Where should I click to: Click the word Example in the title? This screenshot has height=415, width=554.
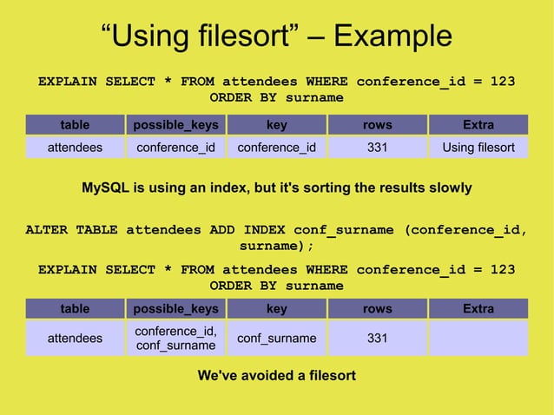(x=392, y=36)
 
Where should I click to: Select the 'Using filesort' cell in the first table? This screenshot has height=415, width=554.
(x=478, y=148)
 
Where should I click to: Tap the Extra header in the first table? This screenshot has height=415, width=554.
(x=478, y=125)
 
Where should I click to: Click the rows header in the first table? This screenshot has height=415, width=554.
(x=377, y=125)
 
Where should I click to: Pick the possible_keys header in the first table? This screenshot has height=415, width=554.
(x=175, y=125)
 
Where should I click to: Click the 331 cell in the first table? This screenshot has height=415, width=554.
(x=377, y=148)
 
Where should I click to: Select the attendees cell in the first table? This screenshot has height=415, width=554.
(x=75, y=148)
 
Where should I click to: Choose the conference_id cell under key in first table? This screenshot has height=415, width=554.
(x=277, y=148)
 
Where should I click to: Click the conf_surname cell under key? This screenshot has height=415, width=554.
(x=277, y=338)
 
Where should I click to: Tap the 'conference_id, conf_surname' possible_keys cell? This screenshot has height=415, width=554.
(x=175, y=338)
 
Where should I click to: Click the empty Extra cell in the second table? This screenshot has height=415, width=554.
(x=478, y=338)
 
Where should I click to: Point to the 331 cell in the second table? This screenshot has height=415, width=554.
(x=377, y=338)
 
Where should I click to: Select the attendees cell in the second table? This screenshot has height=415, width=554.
(x=75, y=338)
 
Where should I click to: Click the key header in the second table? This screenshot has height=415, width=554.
(x=277, y=308)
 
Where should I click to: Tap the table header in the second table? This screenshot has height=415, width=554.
(x=75, y=308)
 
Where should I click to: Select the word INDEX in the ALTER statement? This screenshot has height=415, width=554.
(x=265, y=231)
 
